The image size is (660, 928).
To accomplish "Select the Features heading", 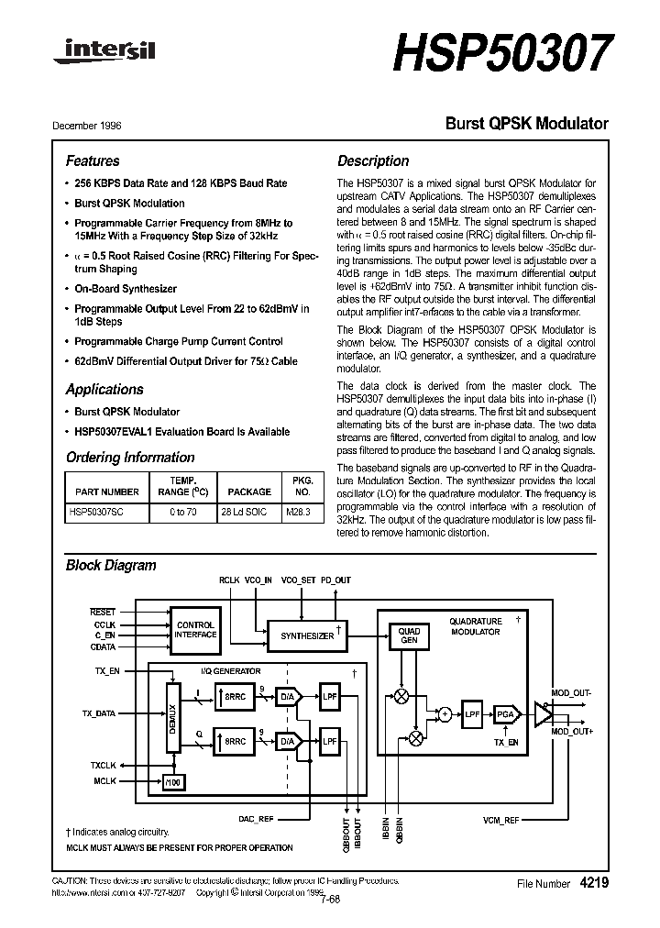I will tap(93, 160).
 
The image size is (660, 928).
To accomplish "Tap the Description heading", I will tap(373, 160).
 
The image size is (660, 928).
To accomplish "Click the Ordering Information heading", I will tap(130, 457).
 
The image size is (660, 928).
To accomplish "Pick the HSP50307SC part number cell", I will tap(96, 512).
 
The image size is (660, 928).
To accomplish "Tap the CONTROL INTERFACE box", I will tap(195, 629).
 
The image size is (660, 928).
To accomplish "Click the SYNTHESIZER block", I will tap(307, 635).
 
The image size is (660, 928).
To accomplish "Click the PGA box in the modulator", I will tap(505, 713).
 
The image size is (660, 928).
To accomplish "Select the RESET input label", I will tap(103, 612).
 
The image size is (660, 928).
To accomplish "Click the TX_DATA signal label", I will tap(99, 713).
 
